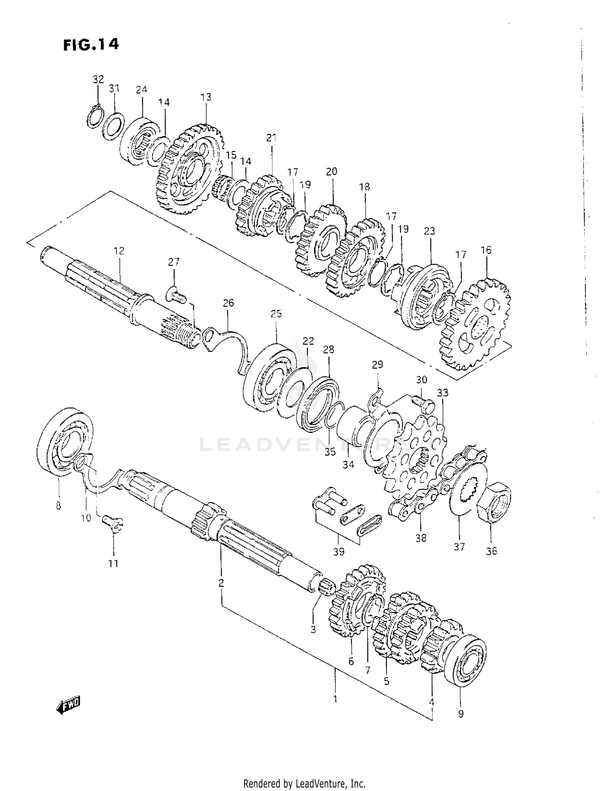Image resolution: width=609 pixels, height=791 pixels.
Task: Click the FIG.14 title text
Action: pos(91,44)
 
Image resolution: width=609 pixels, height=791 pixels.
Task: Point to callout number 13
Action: pos(206,97)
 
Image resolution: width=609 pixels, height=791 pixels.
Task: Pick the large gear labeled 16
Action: pos(475,325)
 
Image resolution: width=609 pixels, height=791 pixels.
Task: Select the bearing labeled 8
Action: pos(67,441)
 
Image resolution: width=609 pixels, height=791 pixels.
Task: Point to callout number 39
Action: pos(339,552)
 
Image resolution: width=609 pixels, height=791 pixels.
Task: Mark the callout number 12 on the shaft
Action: pos(119,251)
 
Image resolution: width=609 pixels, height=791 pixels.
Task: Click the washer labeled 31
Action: pos(113,126)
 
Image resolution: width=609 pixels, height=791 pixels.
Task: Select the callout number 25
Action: pos(276,314)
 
